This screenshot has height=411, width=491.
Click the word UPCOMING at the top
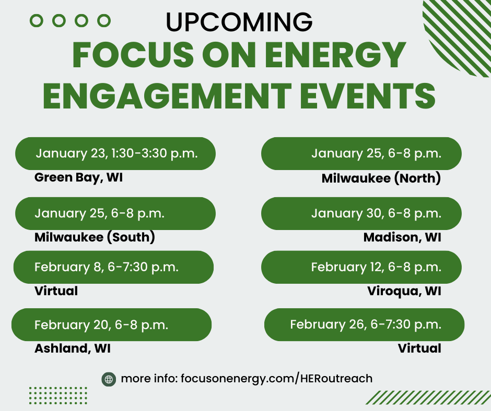(239, 21)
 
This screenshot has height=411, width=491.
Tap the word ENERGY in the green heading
(335, 55)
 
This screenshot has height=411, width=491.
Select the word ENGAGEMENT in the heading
(167, 96)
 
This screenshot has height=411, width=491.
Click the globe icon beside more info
(109, 379)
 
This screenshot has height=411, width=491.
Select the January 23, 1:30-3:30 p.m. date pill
(115, 153)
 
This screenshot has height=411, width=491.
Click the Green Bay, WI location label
(78, 177)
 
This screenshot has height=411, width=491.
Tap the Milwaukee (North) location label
(381, 178)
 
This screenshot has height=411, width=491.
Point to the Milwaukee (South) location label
(95, 237)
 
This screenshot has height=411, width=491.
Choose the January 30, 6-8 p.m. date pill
(361, 214)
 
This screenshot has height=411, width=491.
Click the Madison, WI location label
(402, 237)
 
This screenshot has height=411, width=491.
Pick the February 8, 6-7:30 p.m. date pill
(113, 267)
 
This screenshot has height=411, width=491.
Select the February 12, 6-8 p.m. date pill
(361, 267)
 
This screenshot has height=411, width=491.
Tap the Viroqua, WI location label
(404, 291)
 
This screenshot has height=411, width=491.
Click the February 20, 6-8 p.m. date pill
(111, 324)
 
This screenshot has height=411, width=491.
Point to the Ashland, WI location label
(72, 348)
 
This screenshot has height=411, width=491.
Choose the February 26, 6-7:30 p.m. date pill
(364, 324)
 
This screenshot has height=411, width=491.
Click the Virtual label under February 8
(56, 291)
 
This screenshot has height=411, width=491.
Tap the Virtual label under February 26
(419, 348)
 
